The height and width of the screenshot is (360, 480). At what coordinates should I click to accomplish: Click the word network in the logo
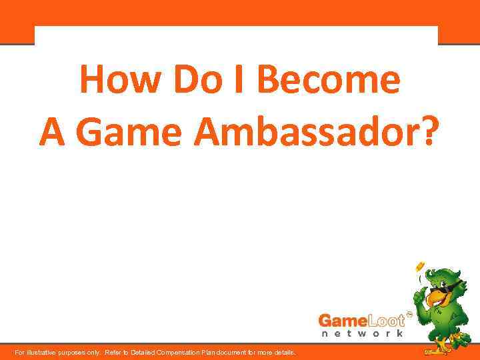tap(362, 333)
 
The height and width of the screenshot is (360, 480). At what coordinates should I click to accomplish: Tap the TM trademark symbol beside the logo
tap(409, 312)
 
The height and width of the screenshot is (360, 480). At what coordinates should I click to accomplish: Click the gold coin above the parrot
tap(420, 267)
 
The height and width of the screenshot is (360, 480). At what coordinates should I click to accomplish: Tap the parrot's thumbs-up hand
tap(420, 293)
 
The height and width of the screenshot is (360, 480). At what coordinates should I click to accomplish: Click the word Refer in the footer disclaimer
tap(115, 352)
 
